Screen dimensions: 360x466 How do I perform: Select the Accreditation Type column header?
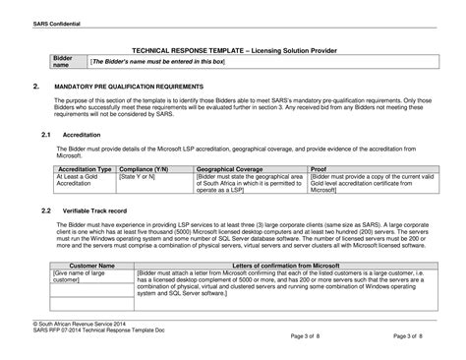[x=85, y=169]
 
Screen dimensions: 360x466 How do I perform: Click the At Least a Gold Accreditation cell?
[x=79, y=181]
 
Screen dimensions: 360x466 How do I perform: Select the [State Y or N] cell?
[x=139, y=177]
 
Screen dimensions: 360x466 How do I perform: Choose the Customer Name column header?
[x=79, y=266]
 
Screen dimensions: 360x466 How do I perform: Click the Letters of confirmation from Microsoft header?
[x=285, y=266]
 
